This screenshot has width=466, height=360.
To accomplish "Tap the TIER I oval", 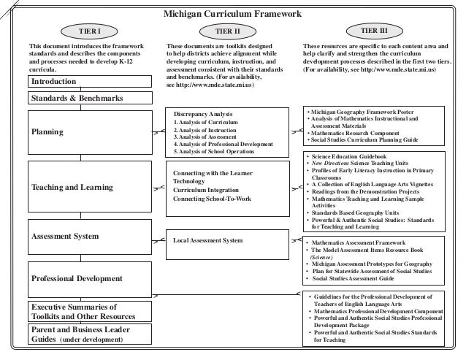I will [x=89, y=31].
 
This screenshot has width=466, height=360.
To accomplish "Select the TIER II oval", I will [x=232, y=31].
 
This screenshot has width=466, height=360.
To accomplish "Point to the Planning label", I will [x=47, y=132].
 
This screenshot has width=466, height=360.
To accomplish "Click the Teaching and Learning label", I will [x=72, y=188].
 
